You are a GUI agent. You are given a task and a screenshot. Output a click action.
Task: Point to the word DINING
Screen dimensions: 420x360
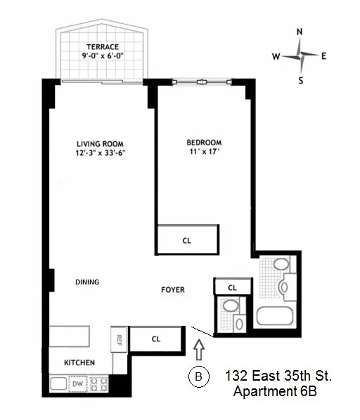[87, 282]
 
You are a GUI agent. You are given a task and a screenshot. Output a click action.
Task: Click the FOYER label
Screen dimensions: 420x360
[173, 289]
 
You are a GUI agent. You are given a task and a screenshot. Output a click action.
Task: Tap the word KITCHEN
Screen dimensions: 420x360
[79, 362]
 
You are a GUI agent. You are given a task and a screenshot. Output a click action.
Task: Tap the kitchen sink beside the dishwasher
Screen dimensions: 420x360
[58, 384]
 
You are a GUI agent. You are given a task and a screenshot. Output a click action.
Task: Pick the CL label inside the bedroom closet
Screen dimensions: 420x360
[186, 240]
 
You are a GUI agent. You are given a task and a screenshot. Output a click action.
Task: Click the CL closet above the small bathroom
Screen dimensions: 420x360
[231, 287]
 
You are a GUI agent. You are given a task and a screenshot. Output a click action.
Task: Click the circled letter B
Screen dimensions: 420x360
[198, 378]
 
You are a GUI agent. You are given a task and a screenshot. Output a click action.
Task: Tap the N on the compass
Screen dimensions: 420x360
[300, 32]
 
